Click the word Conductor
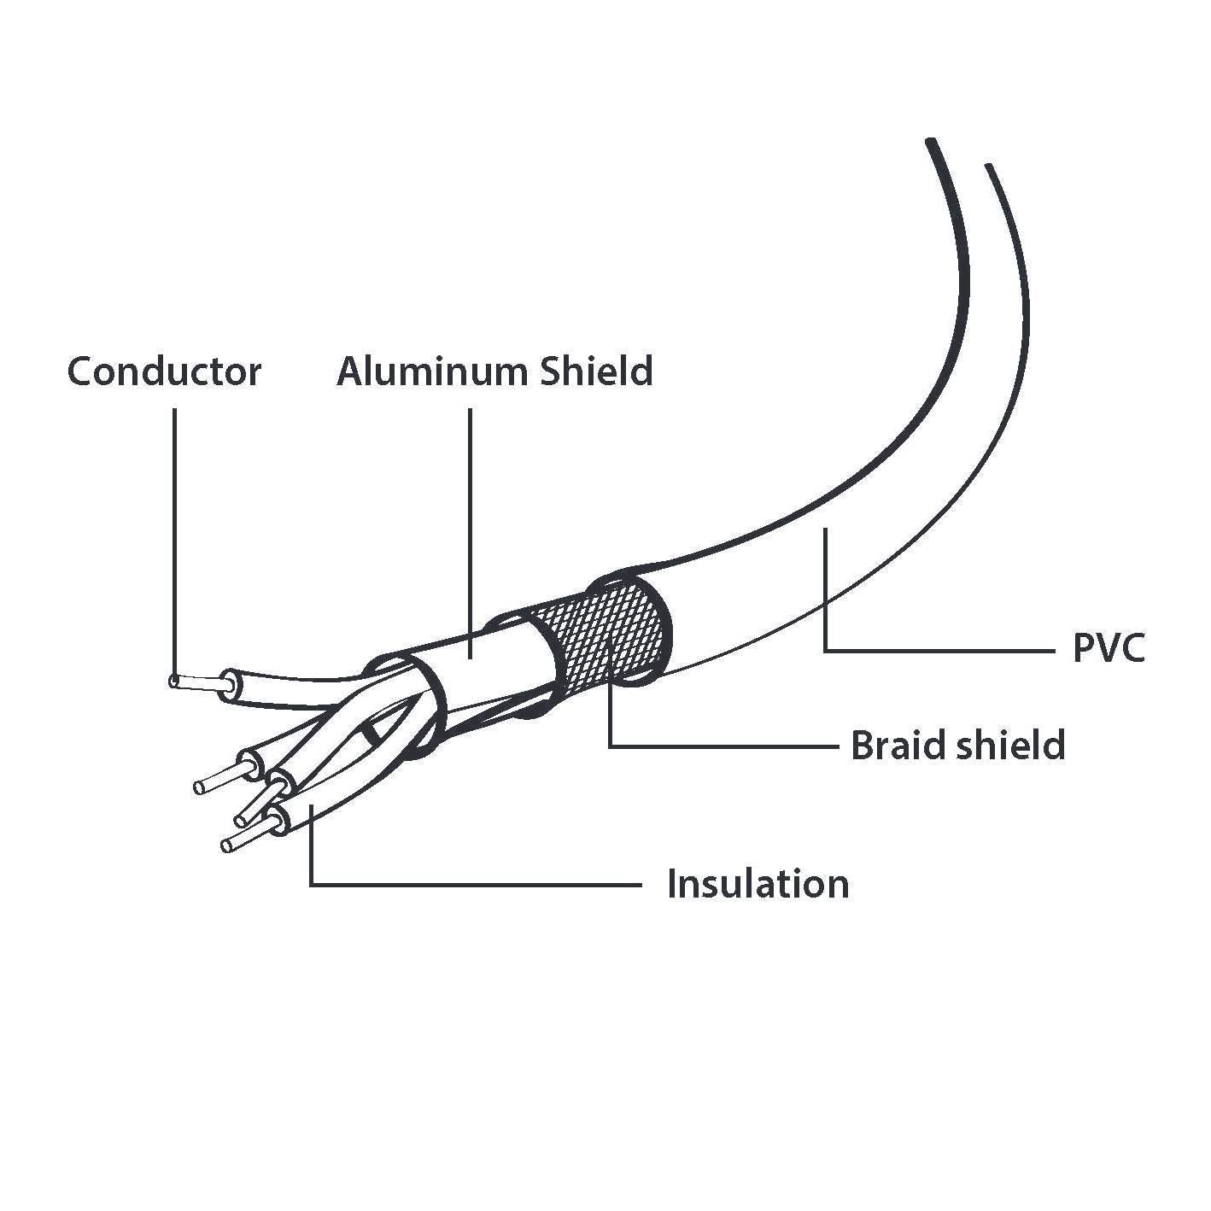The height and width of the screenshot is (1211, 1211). (x=164, y=372)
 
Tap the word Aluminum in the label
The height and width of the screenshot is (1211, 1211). (x=432, y=372)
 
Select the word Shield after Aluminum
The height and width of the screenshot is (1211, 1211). (x=597, y=372)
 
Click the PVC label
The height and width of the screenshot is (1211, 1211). (x=1108, y=650)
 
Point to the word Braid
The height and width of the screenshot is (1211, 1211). (x=896, y=746)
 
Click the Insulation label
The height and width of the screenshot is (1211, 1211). (x=758, y=884)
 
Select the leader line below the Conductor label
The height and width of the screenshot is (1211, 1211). (x=175, y=538)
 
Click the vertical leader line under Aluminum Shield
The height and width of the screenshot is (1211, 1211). (x=471, y=512)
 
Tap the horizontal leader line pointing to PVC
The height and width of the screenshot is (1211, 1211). (x=939, y=651)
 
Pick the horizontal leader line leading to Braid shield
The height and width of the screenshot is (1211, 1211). (x=726, y=746)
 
